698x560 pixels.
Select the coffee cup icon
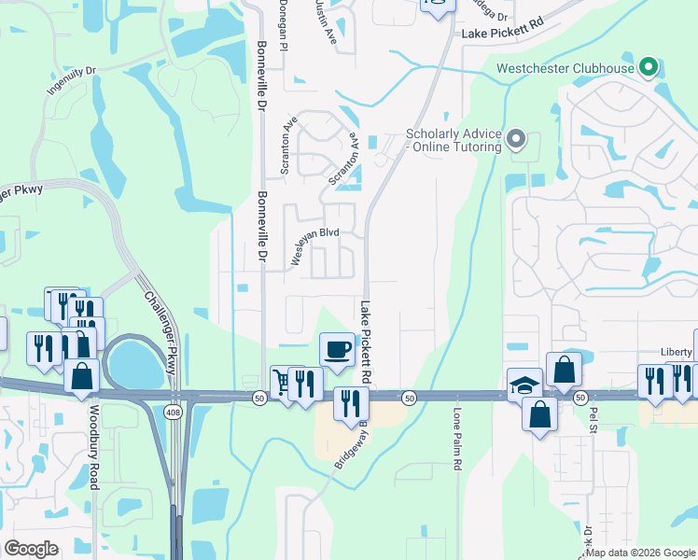point(337,349)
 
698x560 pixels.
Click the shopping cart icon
point(283,382)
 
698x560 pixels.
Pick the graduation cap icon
point(524,384)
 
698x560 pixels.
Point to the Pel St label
point(592,420)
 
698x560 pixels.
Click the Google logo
point(32,549)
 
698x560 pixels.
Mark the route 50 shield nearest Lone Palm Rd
point(409,399)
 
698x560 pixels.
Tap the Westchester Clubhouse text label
point(565,67)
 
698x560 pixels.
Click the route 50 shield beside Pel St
point(580,399)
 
